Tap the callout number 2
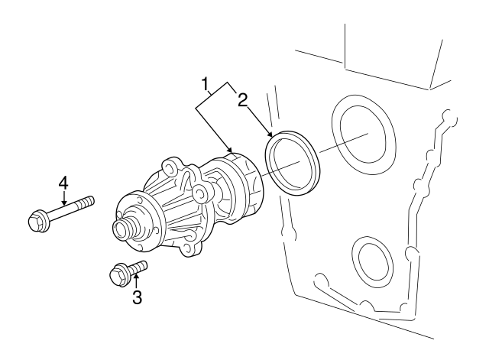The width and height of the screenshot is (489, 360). (242, 99)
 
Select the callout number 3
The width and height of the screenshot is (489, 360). (137, 297)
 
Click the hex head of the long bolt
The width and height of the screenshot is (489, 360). (36, 221)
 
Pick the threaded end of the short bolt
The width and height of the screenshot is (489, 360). (141, 265)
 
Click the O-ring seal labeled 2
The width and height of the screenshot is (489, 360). (294, 163)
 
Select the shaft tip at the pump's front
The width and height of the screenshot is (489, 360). (119, 229)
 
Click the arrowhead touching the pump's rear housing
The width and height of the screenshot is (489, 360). (231, 149)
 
